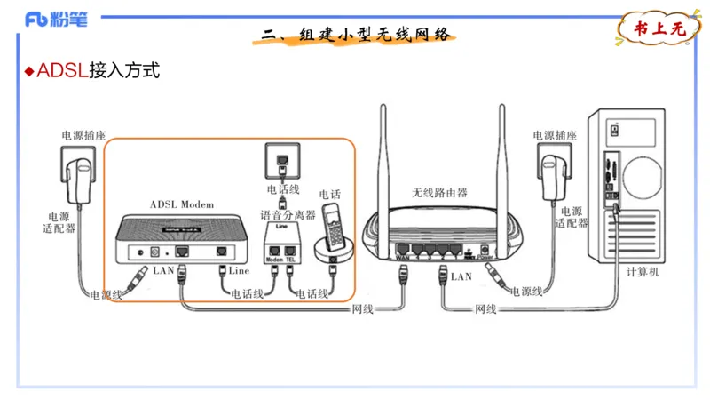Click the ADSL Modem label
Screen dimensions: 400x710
(182, 204)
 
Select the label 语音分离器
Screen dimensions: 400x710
(288, 215)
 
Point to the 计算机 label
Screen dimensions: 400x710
(643, 272)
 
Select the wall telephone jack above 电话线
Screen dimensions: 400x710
(282, 162)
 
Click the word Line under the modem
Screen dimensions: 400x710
(239, 270)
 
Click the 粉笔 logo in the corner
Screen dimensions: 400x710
(57, 19)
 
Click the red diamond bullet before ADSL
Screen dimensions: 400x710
(28, 71)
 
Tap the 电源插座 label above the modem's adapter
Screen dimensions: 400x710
(83, 136)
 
